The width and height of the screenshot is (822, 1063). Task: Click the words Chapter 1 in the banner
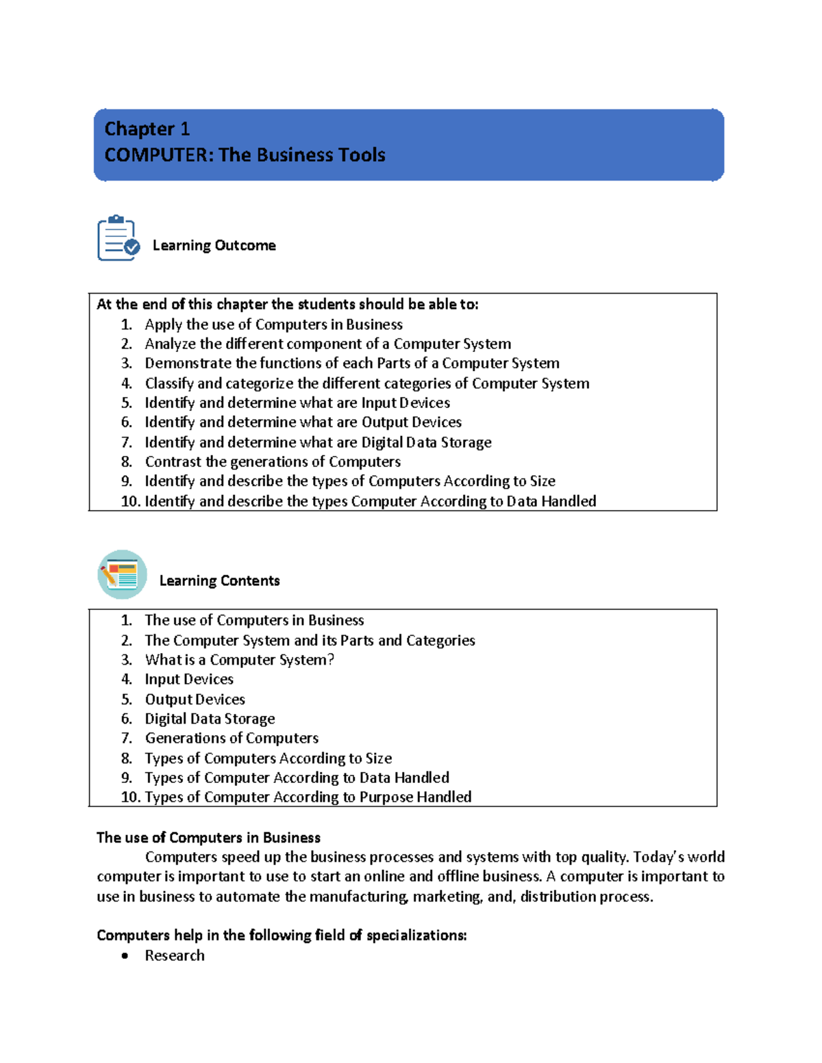point(147,129)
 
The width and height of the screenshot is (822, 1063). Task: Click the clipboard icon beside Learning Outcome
point(118,238)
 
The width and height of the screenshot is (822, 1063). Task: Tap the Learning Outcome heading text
point(214,245)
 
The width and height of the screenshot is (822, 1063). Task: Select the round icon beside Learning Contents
point(122,574)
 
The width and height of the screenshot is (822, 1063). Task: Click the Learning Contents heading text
point(219,580)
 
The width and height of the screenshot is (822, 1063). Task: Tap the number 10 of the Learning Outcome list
point(129,502)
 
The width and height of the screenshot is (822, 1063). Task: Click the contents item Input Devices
point(189,679)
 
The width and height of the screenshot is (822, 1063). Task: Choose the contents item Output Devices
point(195,700)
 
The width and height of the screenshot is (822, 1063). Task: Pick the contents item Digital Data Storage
point(210,719)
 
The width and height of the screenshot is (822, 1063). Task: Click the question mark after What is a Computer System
point(331,660)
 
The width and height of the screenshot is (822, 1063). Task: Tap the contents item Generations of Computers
point(232,738)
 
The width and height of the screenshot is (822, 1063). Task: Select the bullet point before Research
point(125,956)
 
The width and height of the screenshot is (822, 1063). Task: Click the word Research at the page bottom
point(175,956)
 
